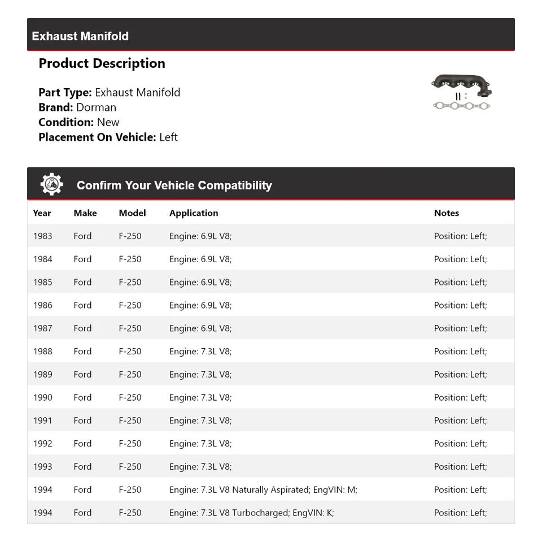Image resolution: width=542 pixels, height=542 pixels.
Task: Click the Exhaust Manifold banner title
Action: [80, 36]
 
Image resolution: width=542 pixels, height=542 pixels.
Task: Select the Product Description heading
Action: [102, 63]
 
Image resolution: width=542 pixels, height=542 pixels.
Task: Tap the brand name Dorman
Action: [96, 107]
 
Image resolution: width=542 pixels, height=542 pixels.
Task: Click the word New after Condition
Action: [108, 122]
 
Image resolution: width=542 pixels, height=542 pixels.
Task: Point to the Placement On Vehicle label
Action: [97, 137]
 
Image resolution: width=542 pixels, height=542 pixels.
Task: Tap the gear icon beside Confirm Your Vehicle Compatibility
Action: [52, 185]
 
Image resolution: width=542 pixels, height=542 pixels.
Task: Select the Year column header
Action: [42, 213]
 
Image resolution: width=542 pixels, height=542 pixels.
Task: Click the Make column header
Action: [85, 213]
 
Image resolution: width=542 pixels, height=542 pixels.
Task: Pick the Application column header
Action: [194, 213]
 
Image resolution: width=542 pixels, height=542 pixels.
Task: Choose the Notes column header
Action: [446, 213]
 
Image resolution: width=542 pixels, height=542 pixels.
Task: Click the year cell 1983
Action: [42, 236]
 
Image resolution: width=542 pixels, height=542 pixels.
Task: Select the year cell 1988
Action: [42, 352]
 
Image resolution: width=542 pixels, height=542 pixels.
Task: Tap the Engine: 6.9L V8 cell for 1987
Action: [200, 328]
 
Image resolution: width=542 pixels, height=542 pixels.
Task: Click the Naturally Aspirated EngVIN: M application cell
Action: [263, 490]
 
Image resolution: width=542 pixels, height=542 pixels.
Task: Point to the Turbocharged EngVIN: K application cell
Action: [251, 513]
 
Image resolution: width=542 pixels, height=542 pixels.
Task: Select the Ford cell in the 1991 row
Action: [82, 420]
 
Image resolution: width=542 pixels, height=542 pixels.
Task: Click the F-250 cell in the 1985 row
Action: [130, 283]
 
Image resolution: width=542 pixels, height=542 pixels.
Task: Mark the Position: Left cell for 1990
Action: [460, 397]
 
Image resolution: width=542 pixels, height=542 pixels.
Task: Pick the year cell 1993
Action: [42, 467]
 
